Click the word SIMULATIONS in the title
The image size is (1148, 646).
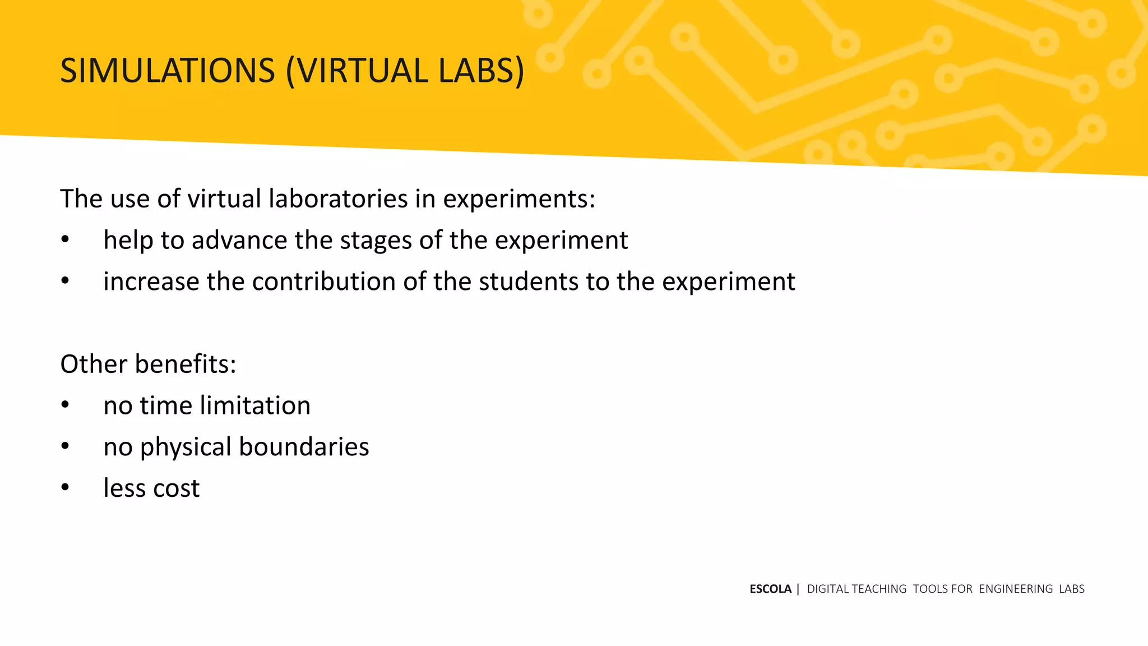(168, 71)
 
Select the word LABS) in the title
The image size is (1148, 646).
(482, 71)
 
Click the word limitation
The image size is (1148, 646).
(255, 405)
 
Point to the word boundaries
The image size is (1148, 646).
(304, 447)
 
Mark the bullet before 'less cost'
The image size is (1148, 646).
(65, 488)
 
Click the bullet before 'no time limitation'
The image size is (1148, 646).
(65, 405)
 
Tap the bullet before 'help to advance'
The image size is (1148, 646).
(65, 240)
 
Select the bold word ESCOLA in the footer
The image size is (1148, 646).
(770, 589)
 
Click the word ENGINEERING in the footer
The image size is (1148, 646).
(1016, 589)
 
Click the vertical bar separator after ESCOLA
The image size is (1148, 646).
(798, 589)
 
